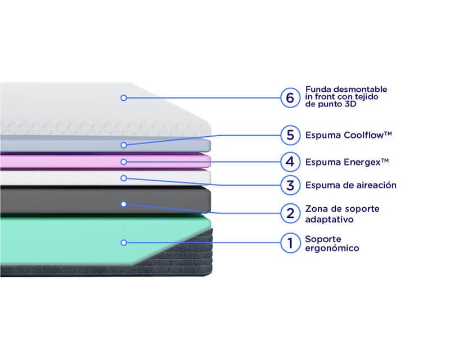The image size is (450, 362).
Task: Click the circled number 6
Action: [x=290, y=98]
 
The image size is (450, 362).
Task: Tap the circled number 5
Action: [x=290, y=135]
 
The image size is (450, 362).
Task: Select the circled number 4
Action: [x=290, y=162]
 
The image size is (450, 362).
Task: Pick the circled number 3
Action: [x=290, y=185]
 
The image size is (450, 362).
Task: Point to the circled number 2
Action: [x=290, y=213]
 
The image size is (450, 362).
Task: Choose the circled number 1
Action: [x=290, y=243]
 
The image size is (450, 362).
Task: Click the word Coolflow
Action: [x=363, y=135]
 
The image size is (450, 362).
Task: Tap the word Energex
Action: [x=362, y=162]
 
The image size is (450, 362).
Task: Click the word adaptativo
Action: [x=329, y=220]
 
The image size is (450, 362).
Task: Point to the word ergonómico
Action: [x=332, y=248]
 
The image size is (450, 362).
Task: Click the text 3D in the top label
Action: [x=350, y=104]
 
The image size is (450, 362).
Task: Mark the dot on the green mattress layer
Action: [x=124, y=243]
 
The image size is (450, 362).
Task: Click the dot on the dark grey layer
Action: [x=124, y=204]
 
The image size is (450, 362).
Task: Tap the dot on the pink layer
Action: [x=124, y=162]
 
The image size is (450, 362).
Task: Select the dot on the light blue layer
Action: [x=124, y=145]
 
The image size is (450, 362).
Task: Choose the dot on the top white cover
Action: [x=124, y=98]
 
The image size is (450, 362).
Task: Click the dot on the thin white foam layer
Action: [x=124, y=178]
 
